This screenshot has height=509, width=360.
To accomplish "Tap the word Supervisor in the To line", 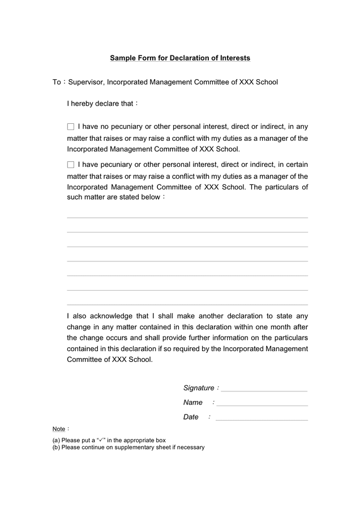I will [x=85, y=83].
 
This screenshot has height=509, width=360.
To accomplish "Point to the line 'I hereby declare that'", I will [x=102, y=104].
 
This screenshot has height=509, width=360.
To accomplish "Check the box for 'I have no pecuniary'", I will [x=71, y=127].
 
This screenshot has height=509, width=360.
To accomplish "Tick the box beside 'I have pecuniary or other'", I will [x=71, y=165].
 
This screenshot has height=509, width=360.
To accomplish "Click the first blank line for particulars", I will [x=187, y=217].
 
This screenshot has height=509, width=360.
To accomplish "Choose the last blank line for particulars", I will [x=187, y=305].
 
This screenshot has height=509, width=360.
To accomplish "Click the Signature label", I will [x=199, y=388].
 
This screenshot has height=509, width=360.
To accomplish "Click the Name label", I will [x=193, y=403].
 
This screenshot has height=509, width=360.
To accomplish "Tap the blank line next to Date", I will [x=262, y=420].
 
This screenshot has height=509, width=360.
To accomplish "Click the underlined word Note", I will [x=59, y=429].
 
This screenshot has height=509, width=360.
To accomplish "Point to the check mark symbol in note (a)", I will [x=101, y=440].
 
